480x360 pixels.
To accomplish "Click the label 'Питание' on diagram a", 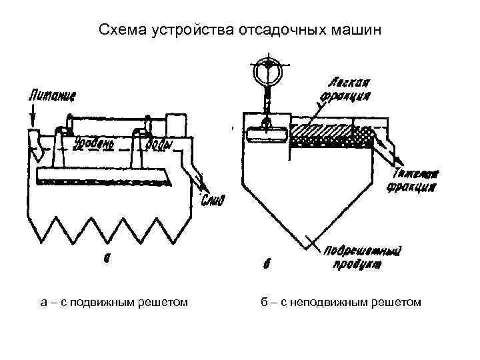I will click(52, 95).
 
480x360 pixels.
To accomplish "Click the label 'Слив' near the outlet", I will click(213, 199).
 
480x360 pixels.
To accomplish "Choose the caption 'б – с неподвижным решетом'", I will click(341, 303).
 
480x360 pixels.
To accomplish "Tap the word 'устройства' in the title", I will click(181, 30).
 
